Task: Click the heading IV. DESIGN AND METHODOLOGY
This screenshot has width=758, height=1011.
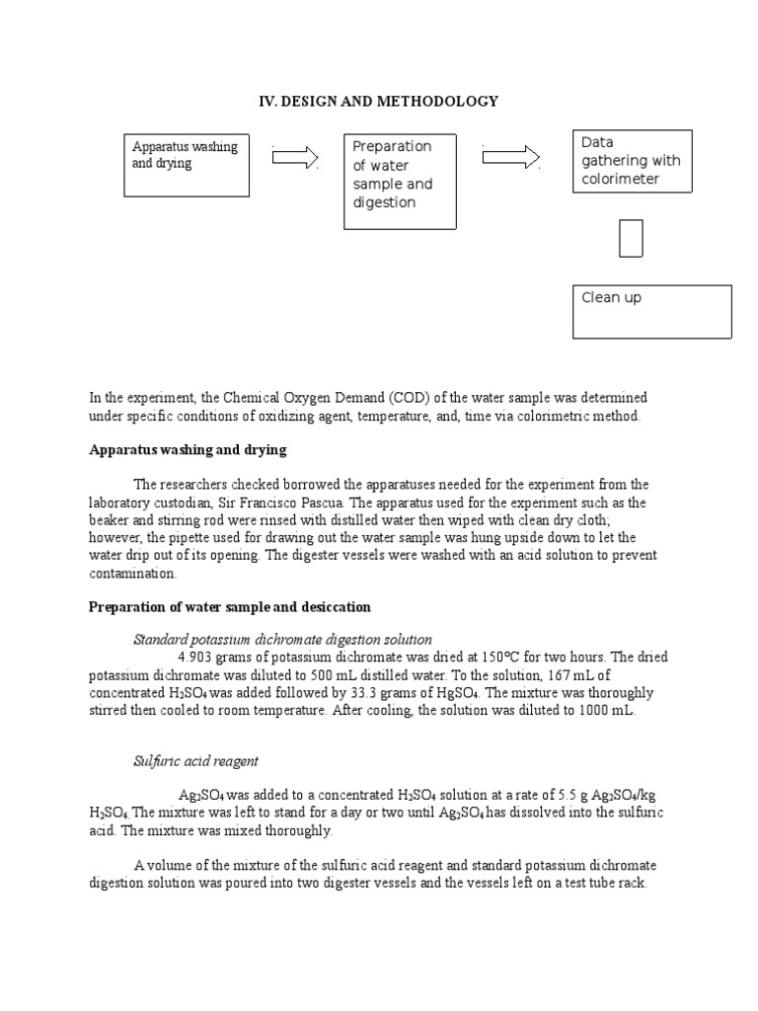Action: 378,102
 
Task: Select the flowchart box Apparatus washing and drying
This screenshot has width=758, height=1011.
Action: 186,164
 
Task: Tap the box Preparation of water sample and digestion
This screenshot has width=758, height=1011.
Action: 399,182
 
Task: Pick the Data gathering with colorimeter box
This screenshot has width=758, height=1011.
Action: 633,160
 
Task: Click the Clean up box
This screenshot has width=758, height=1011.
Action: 652,312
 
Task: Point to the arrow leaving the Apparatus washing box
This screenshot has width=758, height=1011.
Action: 294,157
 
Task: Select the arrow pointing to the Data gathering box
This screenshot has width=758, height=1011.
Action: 511,157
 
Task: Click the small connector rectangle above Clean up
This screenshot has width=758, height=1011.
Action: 631,238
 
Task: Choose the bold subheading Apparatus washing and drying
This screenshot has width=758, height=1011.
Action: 188,449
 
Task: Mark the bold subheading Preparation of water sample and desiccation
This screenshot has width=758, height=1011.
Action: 230,606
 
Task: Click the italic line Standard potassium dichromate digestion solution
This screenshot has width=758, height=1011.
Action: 282,640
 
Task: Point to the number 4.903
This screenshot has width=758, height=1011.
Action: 197,658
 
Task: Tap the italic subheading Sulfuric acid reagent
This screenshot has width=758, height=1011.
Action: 196,761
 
